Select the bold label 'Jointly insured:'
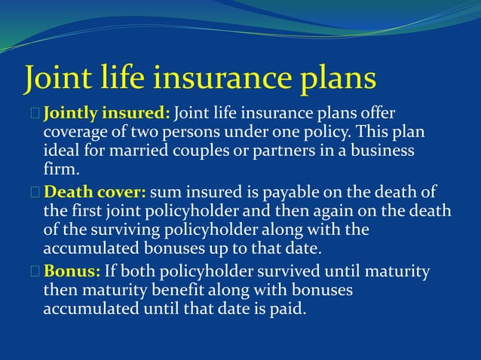[107, 114]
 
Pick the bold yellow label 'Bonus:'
[75, 271]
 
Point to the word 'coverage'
[73, 133]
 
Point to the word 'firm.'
[60, 168]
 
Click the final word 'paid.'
[287, 307]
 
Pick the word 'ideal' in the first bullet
[62, 151]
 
